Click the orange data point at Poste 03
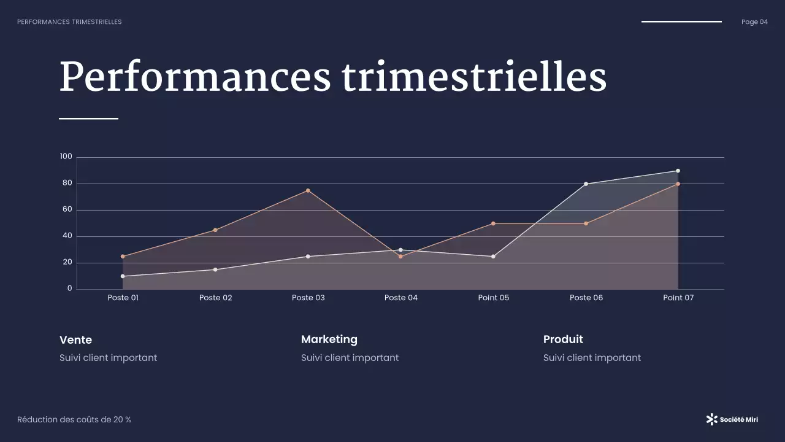coord(308,190)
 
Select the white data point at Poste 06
coord(586,184)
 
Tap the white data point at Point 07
coord(678,171)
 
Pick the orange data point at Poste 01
coord(123,257)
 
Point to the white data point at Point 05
coord(493,257)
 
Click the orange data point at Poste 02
coord(215,230)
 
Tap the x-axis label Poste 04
coord(401,298)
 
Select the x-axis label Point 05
coord(494,298)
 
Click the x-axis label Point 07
coord(678,298)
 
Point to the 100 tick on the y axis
coord(66,157)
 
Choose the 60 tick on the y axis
coord(67,209)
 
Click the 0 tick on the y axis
coord(69,289)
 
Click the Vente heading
coord(75,339)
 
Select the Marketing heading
coord(329,339)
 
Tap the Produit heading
coord(563,339)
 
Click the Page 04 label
coord(754,22)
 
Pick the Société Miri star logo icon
coord(711,419)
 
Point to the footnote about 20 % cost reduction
coord(74,420)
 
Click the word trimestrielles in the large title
coord(474,77)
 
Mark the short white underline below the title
coord(88,118)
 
